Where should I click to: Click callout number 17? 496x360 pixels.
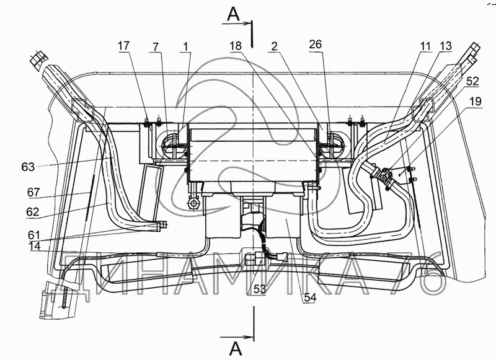[x=124, y=46]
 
